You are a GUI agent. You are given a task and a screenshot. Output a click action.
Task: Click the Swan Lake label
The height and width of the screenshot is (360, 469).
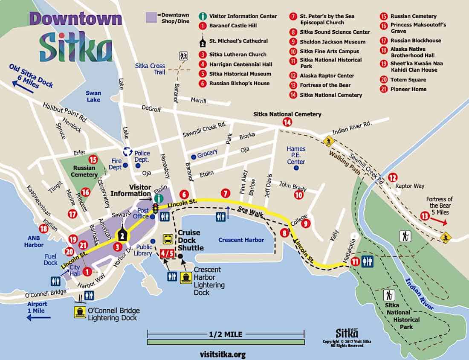pyautogui.click(x=93, y=96)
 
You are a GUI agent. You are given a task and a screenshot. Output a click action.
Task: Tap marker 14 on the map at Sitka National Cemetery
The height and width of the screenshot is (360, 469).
pyautogui.click(x=287, y=122)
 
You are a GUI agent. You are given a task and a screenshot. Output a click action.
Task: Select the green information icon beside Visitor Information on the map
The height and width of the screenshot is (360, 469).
pyautogui.click(x=159, y=198)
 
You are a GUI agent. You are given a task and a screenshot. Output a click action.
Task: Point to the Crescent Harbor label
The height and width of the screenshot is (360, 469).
pyautogui.click(x=241, y=240)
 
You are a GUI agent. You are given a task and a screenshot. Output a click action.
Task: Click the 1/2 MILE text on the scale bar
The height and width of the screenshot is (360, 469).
pyautogui.click(x=226, y=333)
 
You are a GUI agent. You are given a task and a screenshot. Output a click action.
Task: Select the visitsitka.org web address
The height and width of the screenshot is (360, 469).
pyautogui.click(x=222, y=354)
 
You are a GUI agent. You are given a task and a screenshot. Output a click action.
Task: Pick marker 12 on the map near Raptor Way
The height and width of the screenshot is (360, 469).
pyautogui.click(x=392, y=177)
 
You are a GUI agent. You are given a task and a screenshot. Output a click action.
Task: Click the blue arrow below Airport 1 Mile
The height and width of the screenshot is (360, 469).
pyautogui.click(x=38, y=317)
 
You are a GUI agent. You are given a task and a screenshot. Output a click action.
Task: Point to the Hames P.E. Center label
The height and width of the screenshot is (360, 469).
pyautogui.click(x=296, y=155)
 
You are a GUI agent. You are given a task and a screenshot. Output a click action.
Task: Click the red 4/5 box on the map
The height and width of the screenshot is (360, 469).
pyautogui.click(x=167, y=253)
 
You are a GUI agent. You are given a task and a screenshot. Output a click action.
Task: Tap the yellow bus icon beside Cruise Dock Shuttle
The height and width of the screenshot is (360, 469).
pyautogui.click(x=168, y=239)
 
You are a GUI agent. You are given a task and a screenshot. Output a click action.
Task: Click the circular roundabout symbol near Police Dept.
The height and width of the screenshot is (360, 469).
pyautogui.click(x=127, y=151)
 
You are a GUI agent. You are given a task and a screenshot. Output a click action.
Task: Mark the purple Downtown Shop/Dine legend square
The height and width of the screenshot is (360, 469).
pyautogui.click(x=151, y=17)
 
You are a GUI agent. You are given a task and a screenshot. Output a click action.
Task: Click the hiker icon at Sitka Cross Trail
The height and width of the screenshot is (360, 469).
pyautogui.click(x=184, y=56)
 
